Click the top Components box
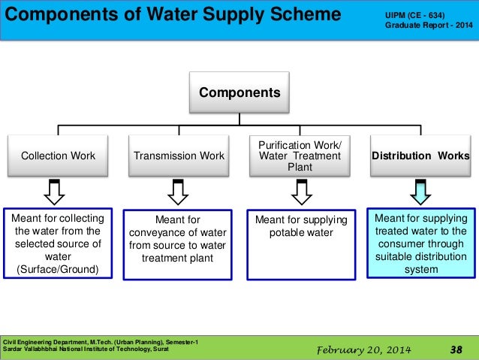pos(239,93)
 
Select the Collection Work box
pos(58,156)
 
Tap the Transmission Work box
pos(179,156)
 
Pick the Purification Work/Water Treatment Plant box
pos(300,156)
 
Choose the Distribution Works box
pos(420,156)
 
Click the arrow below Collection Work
pos(54,192)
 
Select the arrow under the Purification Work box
pos(300,192)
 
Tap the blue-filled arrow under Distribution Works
pos(420,192)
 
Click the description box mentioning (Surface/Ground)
pos(58,243)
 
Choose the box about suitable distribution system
pos(420,243)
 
